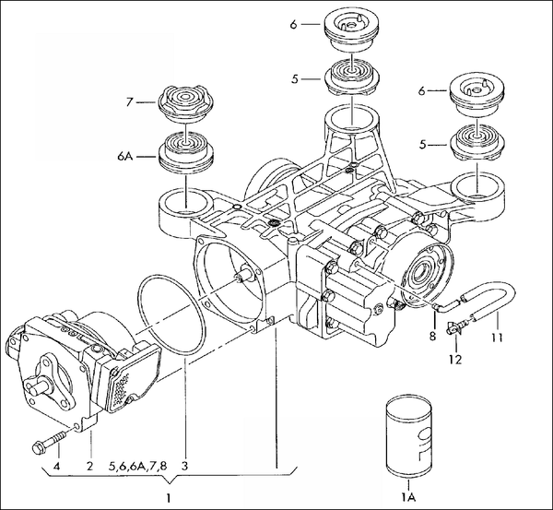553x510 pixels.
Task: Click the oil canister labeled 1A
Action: pos(406,433)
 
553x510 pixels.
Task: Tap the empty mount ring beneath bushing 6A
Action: pos(184,200)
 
